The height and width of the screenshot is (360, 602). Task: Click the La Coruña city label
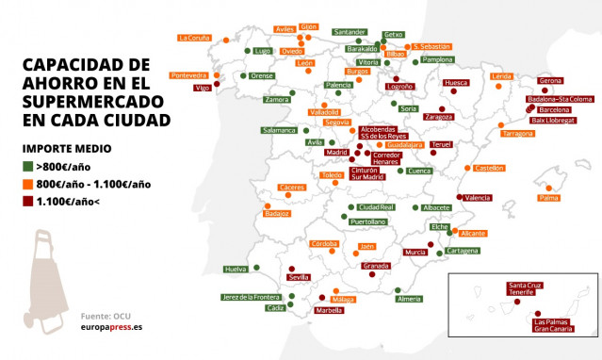(x=194, y=38)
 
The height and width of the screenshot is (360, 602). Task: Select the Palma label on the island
(x=548, y=198)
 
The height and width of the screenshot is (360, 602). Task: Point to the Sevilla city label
(x=300, y=278)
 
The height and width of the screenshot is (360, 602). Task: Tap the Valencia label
(x=478, y=198)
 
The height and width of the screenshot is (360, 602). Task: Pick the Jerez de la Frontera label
(x=252, y=297)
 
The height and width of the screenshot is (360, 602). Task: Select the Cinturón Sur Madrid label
(x=366, y=172)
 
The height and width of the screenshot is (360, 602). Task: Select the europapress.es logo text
(x=111, y=328)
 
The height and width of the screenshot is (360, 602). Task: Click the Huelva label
(x=236, y=269)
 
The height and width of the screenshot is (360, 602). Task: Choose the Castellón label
(x=489, y=168)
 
